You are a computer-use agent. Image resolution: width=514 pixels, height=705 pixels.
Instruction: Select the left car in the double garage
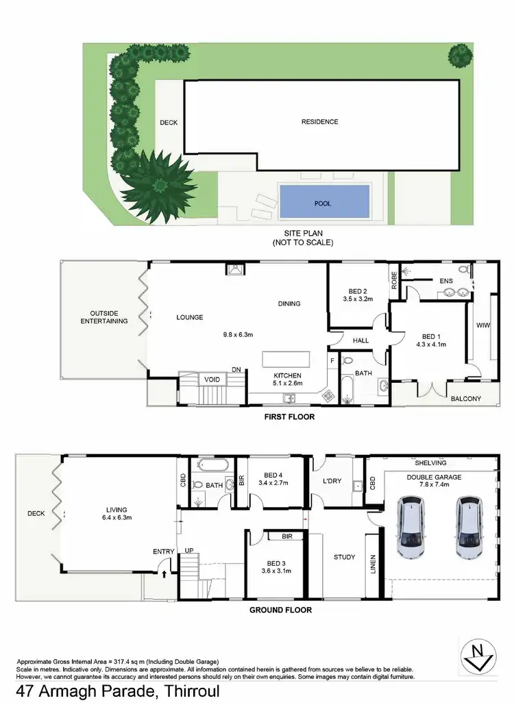(411, 527)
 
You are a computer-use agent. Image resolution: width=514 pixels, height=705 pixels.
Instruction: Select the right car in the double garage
(469, 527)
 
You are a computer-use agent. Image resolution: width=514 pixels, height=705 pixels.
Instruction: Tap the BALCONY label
(465, 399)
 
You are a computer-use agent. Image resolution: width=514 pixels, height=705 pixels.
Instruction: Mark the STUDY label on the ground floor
(344, 557)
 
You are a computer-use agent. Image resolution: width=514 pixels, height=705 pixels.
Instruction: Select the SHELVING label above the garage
(430, 462)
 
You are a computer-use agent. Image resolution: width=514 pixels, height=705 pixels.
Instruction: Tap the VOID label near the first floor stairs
(210, 379)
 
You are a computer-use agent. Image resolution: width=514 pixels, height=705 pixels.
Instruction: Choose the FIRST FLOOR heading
(289, 416)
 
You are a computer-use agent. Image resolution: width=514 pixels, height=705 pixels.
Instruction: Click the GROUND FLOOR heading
(280, 610)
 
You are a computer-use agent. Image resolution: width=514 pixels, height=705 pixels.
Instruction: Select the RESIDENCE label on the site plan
(320, 122)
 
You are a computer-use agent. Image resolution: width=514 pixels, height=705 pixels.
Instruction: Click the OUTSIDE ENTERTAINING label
(104, 317)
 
